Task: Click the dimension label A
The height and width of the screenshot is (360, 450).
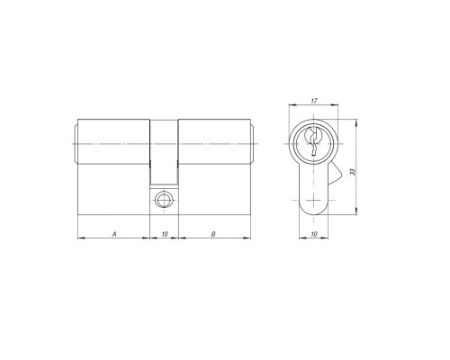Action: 114,234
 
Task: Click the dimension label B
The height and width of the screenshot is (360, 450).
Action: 213,234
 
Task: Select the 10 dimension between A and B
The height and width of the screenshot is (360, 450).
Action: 165,234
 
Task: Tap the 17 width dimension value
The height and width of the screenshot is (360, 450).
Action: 314,101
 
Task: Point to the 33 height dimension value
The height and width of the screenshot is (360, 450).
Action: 353,172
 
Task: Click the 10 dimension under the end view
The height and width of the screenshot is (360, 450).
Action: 314,234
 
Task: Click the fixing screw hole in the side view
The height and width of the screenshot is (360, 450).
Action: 164,200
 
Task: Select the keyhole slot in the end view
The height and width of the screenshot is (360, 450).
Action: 313,141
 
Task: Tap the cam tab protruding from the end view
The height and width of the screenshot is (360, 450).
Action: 335,174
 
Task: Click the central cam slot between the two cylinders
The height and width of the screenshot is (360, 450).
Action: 164,152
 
